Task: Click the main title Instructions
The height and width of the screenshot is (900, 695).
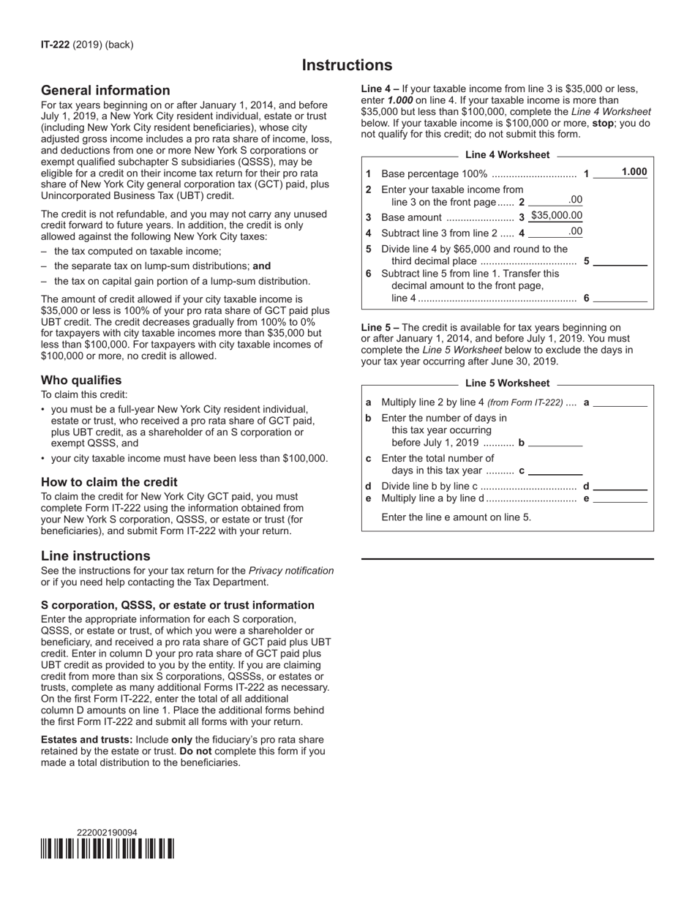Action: [x=347, y=65]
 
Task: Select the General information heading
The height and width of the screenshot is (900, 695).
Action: [x=105, y=91]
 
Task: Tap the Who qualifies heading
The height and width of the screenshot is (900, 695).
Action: [x=81, y=380]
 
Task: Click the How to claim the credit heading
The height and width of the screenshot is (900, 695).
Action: [x=109, y=482]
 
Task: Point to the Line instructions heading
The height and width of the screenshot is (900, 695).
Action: [x=95, y=556]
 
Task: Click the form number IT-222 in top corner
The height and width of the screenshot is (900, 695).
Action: [x=56, y=45]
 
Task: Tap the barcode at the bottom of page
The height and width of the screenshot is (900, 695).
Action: [x=108, y=849]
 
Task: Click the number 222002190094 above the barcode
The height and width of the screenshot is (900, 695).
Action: [x=107, y=833]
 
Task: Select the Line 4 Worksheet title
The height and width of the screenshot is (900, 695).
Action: [x=507, y=155]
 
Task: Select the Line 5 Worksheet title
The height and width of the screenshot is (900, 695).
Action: [x=507, y=383]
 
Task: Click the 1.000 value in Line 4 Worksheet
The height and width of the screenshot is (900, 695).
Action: [x=634, y=172]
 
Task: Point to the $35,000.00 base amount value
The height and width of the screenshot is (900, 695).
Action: [x=556, y=216]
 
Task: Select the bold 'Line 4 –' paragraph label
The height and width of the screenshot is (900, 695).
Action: [x=380, y=89]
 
